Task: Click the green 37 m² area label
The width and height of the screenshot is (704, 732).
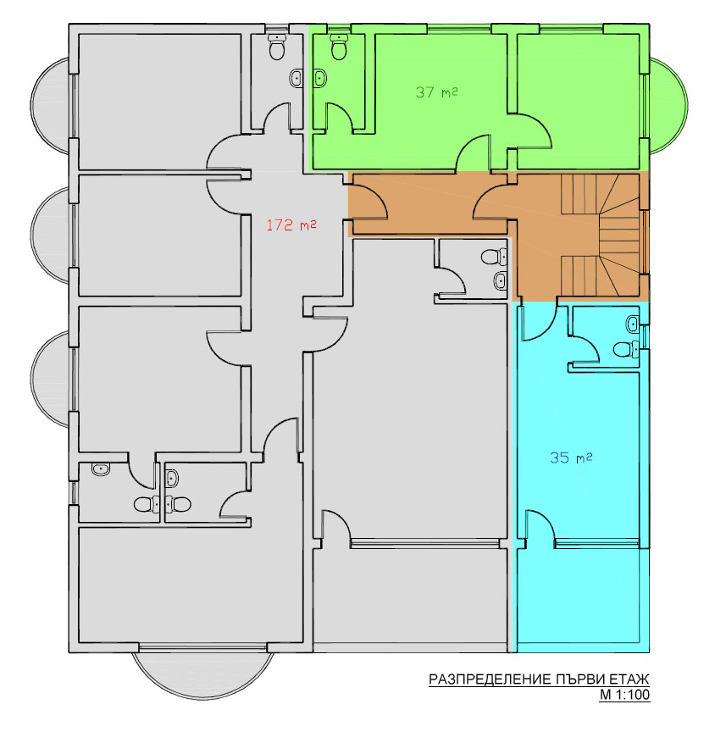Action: pos(437,91)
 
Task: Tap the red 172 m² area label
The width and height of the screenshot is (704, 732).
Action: pos(291,225)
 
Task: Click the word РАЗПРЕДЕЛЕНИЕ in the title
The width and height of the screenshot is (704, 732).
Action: pos(489,679)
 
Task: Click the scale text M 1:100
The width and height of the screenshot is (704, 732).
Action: pos(624,696)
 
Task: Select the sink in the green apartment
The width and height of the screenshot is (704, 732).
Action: pos(321,79)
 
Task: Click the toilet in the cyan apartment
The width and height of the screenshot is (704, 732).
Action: pos(623,348)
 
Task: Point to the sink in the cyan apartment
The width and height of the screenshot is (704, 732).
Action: pos(633,323)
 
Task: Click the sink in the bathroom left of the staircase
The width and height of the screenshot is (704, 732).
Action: pos(500,280)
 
